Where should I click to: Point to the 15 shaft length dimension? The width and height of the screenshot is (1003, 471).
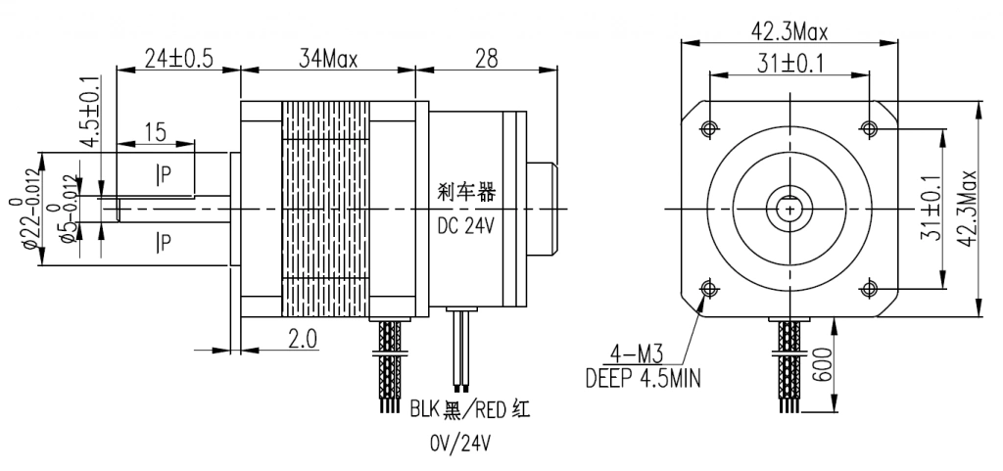154,131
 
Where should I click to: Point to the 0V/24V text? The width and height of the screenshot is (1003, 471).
459,444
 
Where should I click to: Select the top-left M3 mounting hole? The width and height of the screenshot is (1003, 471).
708,127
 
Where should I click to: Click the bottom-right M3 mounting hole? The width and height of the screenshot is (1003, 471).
869,288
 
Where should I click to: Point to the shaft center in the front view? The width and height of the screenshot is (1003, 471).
788,208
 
